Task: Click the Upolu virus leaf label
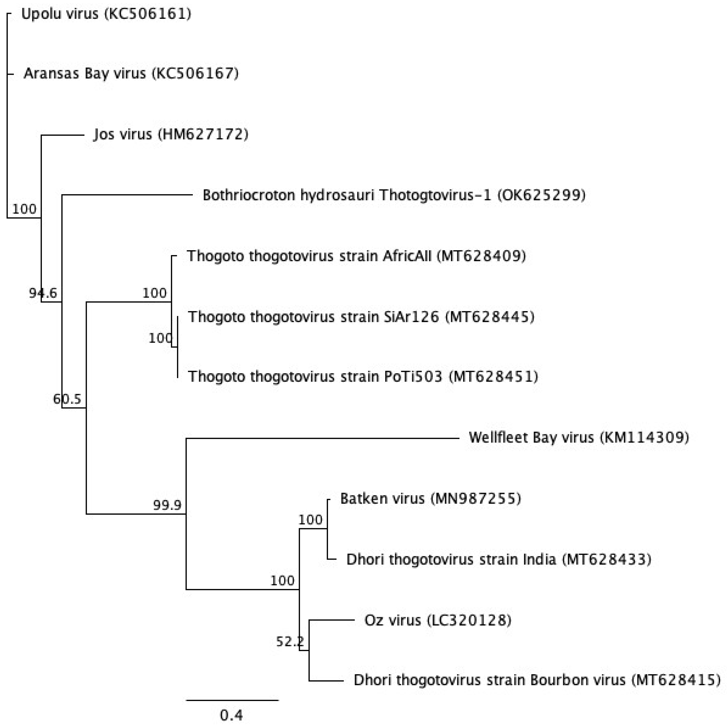tap(106, 14)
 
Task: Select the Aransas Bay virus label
tap(131, 73)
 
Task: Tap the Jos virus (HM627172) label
tap(171, 134)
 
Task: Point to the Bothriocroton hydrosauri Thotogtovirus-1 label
tap(394, 195)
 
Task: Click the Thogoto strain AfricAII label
tap(356, 256)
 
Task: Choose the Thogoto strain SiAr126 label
tap(361, 317)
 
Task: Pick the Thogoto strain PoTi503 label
tap(363, 377)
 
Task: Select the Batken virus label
tap(430, 499)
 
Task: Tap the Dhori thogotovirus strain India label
tap(499, 560)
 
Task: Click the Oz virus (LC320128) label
tap(438, 620)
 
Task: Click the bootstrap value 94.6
tap(43, 293)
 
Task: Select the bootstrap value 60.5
tap(67, 399)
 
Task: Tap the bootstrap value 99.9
tap(167, 505)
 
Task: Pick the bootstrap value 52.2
tap(290, 641)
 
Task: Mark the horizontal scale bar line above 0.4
tap(232, 700)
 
